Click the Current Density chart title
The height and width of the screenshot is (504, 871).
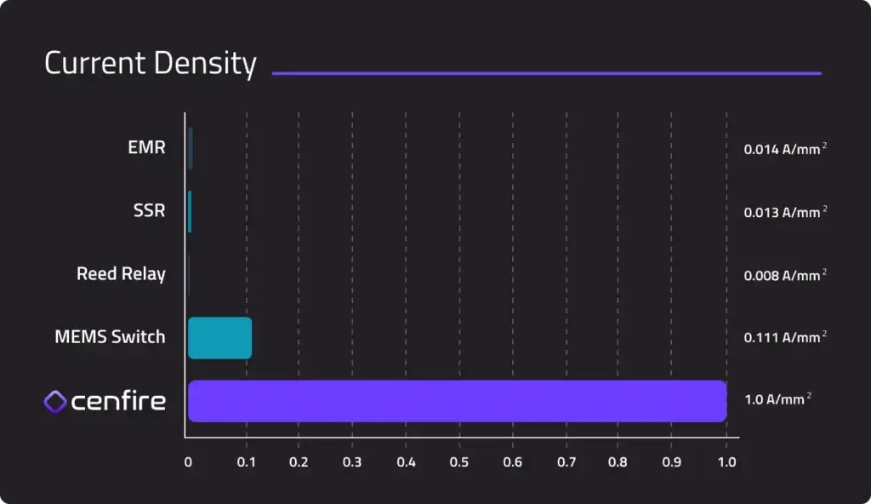click(x=150, y=64)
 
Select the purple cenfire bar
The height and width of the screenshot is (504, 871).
click(x=457, y=401)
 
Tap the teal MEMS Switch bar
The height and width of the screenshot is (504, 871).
click(x=219, y=338)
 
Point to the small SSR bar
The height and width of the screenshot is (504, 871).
click(x=190, y=212)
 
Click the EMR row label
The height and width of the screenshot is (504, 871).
click(x=146, y=148)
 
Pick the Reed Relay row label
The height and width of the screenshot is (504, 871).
click(x=121, y=274)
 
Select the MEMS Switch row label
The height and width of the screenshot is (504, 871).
click(x=110, y=337)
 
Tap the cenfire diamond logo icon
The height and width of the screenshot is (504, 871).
click(x=55, y=402)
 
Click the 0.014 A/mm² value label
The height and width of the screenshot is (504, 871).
click(x=785, y=149)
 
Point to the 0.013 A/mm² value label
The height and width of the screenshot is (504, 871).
click(x=785, y=212)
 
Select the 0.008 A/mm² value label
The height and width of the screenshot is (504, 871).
click(x=785, y=275)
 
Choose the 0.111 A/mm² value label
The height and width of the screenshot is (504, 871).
click(x=785, y=338)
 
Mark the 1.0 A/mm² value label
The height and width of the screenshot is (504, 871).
click(x=777, y=399)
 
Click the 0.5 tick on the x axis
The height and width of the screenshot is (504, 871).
click(x=459, y=463)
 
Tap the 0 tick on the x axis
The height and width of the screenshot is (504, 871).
click(x=188, y=463)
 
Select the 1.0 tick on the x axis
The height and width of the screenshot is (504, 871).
click(x=726, y=463)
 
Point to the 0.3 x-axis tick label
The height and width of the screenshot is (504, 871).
click(x=352, y=463)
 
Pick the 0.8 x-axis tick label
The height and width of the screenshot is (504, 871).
click(x=618, y=463)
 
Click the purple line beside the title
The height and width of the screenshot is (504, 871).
click(x=546, y=73)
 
